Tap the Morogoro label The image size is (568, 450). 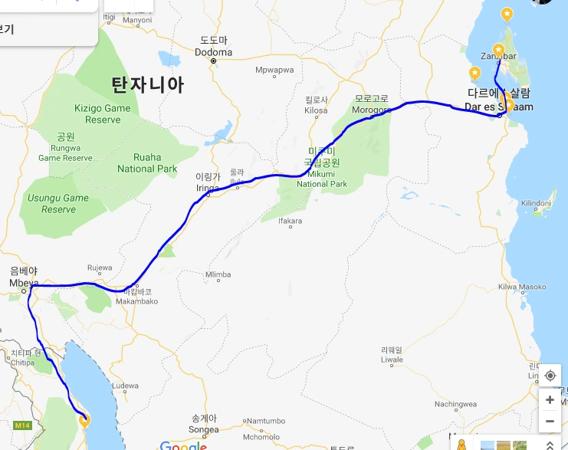(x=372, y=110)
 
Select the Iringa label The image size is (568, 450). (x=207, y=186)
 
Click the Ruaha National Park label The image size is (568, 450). (x=147, y=163)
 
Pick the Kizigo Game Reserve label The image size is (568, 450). (x=103, y=114)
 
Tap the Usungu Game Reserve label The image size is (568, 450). (x=58, y=203)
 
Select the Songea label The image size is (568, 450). (x=205, y=429)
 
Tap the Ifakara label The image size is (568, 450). (x=291, y=222)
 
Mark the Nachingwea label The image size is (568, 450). (x=455, y=404)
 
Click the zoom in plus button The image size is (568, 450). (x=550, y=399)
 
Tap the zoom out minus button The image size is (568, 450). (x=550, y=421)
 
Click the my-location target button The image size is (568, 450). (x=550, y=376)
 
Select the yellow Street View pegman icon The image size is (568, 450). (x=461, y=444)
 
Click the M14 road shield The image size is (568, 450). (x=22, y=425)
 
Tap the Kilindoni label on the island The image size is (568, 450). (x=536, y=202)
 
